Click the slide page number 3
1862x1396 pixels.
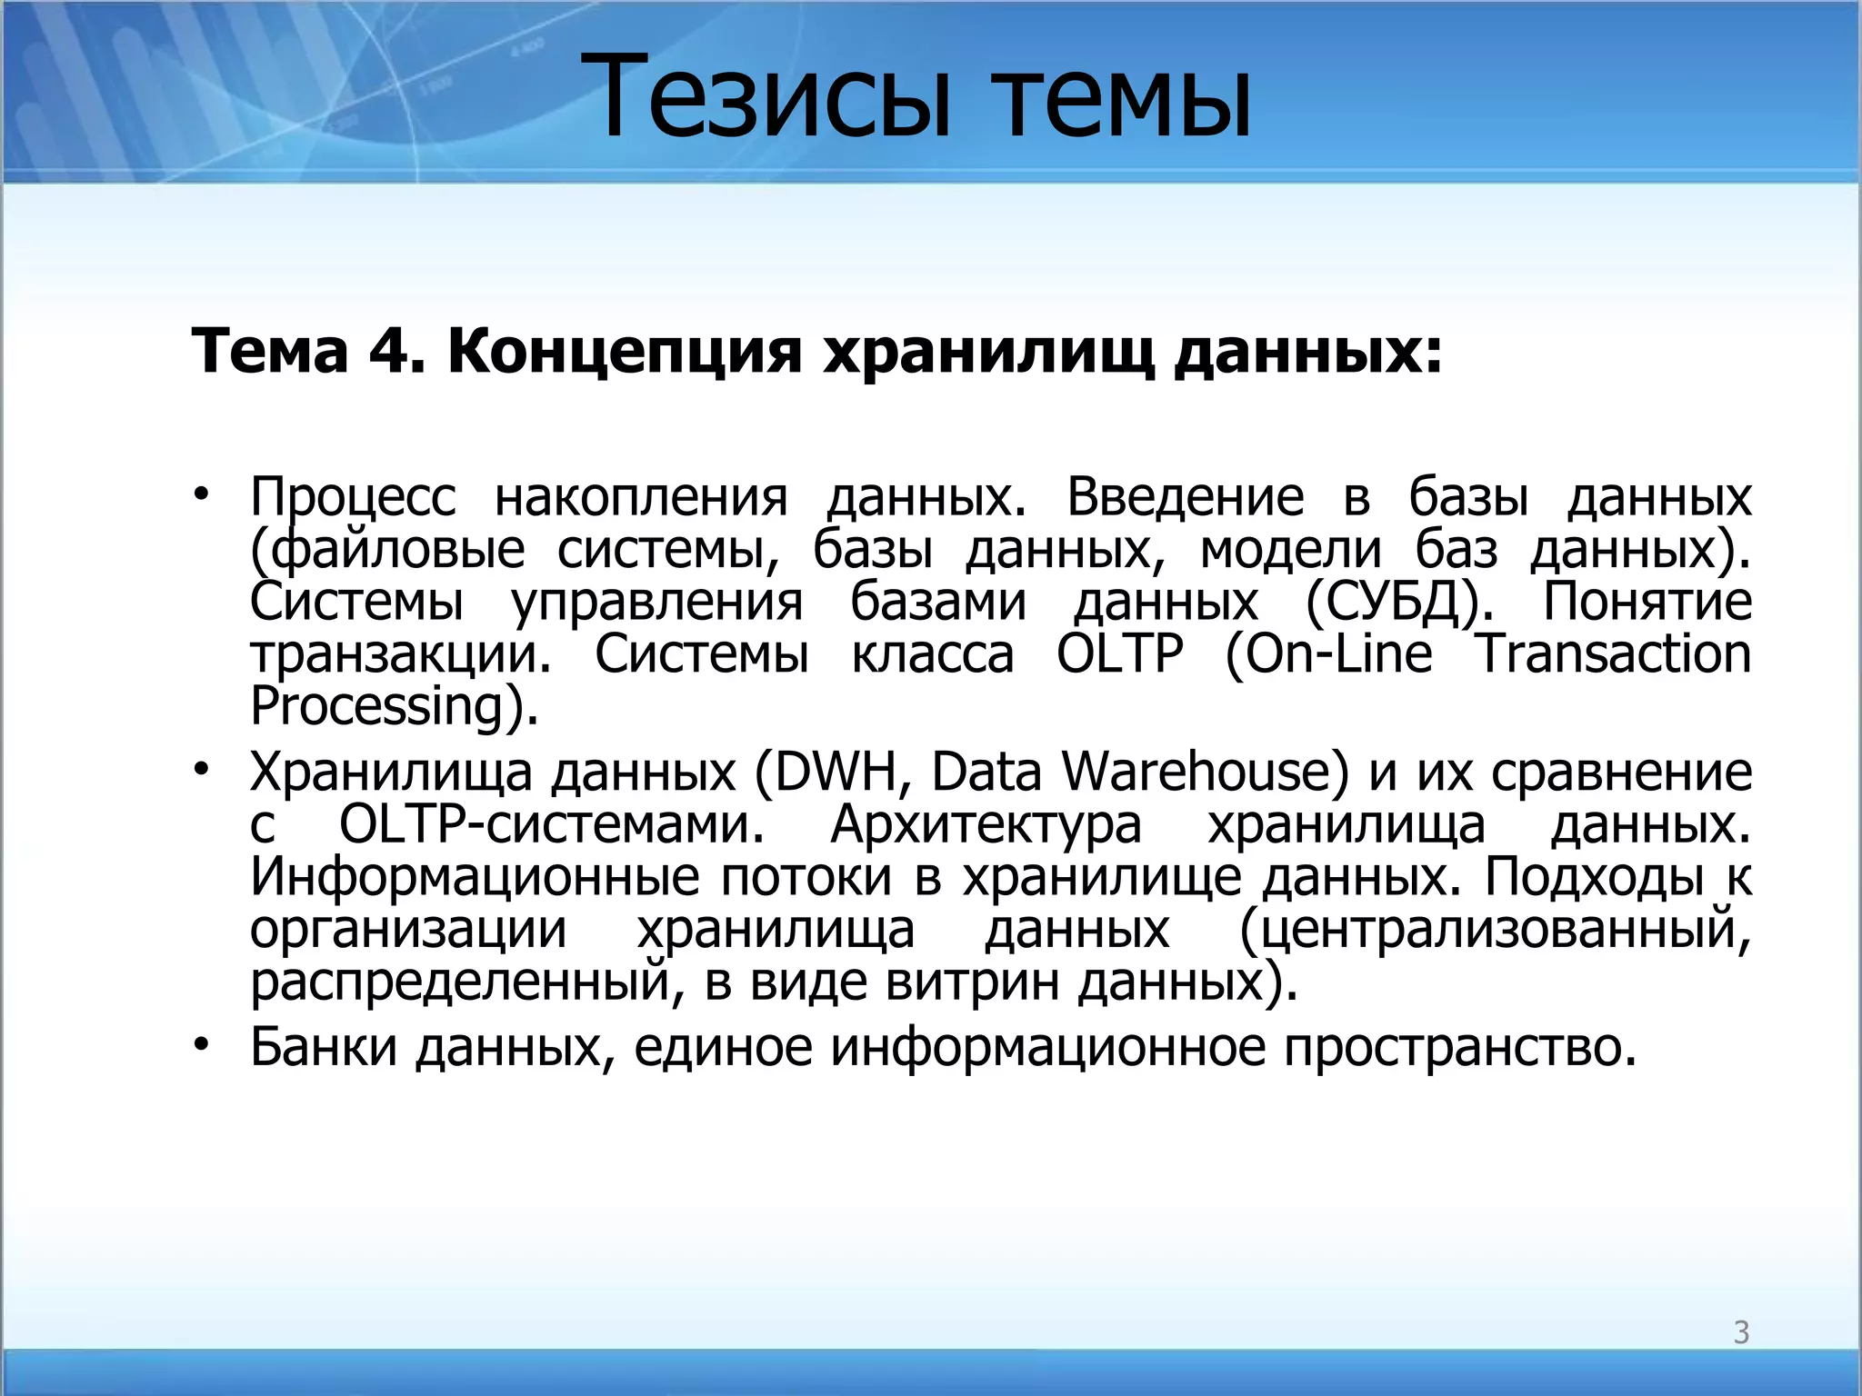click(x=1740, y=1332)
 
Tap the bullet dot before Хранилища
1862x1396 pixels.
click(x=201, y=770)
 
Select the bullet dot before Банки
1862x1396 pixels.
click(x=201, y=1044)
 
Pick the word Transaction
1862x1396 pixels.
click(x=1613, y=654)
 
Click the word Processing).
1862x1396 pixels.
click(x=394, y=707)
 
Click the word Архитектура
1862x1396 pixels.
click(x=986, y=825)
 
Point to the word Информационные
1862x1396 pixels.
click(x=474, y=877)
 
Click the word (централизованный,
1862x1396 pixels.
click(x=1494, y=930)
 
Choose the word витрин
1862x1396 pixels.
click(x=972, y=982)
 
